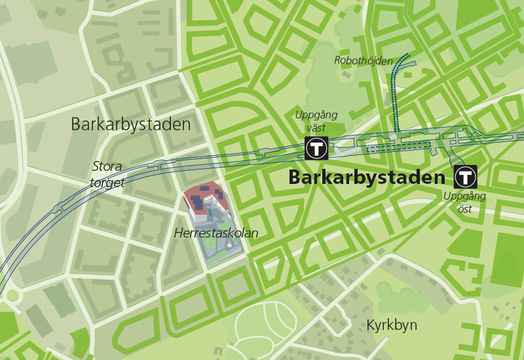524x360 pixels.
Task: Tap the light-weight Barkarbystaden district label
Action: click(x=131, y=124)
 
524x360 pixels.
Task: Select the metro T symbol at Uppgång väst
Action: click(x=316, y=148)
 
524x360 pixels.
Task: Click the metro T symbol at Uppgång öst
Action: click(x=466, y=176)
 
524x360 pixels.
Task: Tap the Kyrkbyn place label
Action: click(x=392, y=325)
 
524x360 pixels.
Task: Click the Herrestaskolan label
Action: click(x=216, y=233)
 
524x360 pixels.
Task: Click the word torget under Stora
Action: click(x=107, y=183)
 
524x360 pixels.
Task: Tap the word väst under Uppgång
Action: click(x=317, y=128)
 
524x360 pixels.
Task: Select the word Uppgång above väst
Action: click(x=316, y=115)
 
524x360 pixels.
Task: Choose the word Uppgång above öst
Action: click(x=464, y=196)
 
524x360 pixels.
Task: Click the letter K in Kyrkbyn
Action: click(x=371, y=325)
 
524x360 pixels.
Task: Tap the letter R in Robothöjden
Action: click(x=337, y=60)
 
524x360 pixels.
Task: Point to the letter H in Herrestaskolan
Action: click(x=178, y=233)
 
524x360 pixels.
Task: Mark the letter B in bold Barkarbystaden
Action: click(x=293, y=177)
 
